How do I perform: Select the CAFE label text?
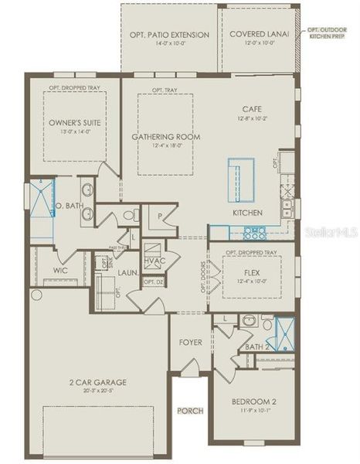249,110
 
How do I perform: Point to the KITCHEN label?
248,213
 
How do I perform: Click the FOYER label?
191,342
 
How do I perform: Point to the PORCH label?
190,411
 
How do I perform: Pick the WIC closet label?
62,271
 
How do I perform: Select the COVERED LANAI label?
259,35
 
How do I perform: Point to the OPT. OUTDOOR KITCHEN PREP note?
329,32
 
